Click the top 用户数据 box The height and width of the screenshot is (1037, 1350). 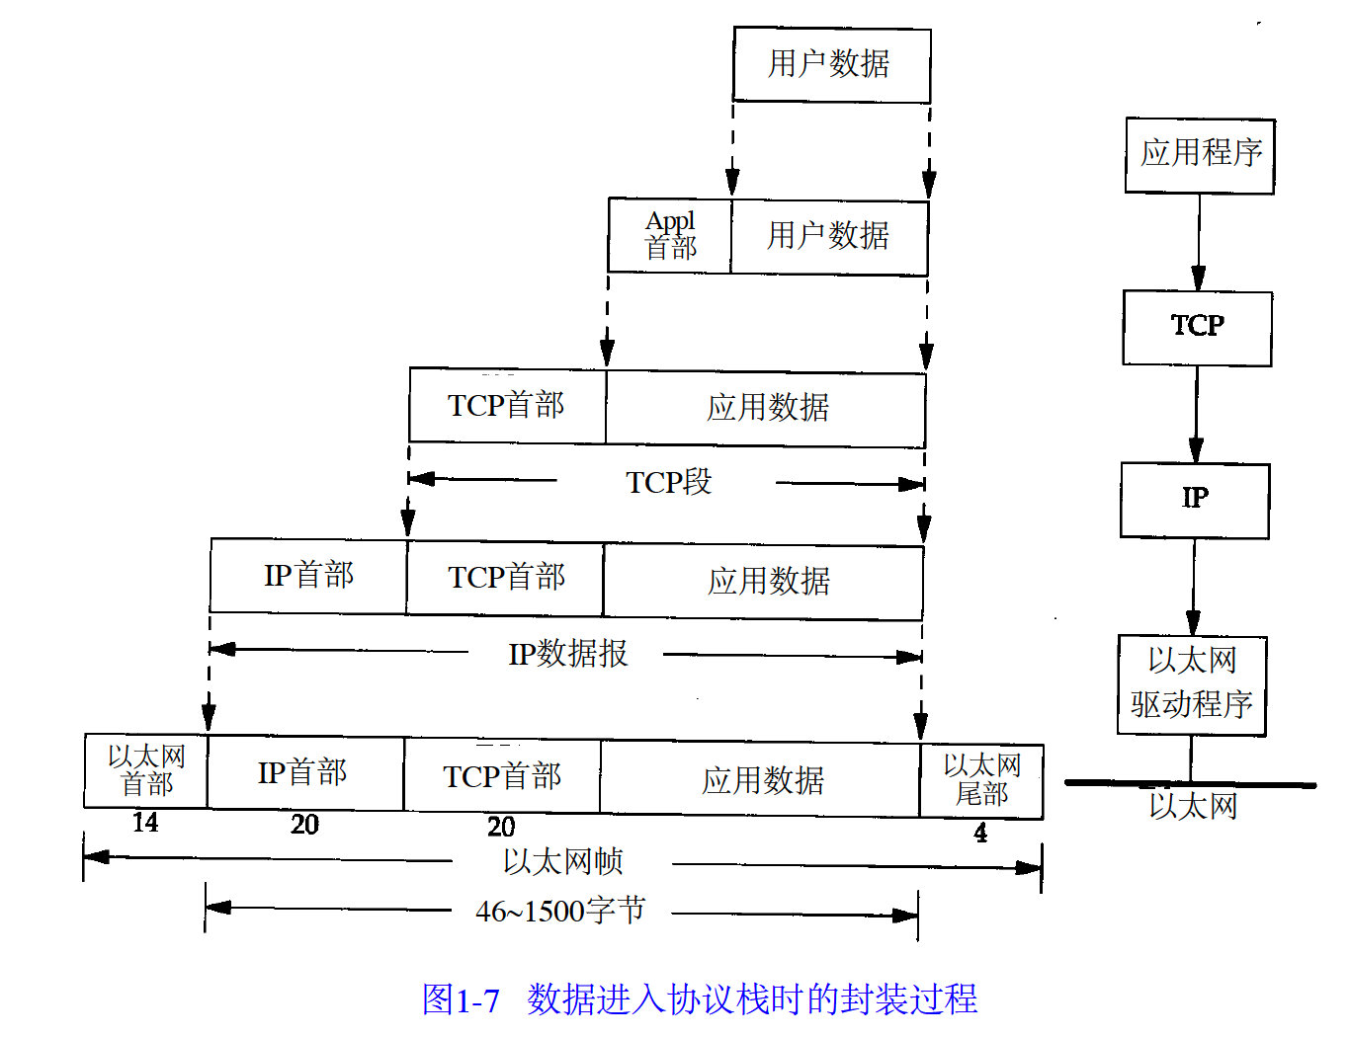click(x=831, y=64)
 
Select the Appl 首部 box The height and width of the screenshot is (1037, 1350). click(x=670, y=236)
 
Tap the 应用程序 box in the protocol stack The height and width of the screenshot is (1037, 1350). click(x=1200, y=154)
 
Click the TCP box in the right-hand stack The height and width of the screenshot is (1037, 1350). click(x=1197, y=327)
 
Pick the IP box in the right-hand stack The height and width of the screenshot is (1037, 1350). click(x=1195, y=499)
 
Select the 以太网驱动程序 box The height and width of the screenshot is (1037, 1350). click(x=1192, y=683)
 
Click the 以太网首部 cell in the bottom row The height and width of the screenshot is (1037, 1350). click(x=146, y=771)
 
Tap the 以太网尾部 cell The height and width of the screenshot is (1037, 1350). click(x=981, y=780)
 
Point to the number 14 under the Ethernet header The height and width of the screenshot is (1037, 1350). click(x=145, y=823)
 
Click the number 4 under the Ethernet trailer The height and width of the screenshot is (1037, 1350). click(x=980, y=834)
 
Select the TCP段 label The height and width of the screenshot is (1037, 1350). click(x=668, y=483)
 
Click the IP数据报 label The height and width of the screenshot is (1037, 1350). click(x=567, y=654)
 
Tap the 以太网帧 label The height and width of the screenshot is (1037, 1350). click(x=562, y=862)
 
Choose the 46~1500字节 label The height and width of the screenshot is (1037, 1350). click(x=560, y=911)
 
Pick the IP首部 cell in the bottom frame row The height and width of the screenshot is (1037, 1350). click(x=303, y=773)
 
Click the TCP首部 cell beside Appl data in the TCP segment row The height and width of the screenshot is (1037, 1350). click(x=506, y=406)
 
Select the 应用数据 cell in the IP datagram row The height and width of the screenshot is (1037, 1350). click(x=768, y=581)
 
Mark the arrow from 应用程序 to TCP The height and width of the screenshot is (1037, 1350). click(x=1199, y=242)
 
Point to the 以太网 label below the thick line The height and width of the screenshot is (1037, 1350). click(x=1193, y=807)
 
